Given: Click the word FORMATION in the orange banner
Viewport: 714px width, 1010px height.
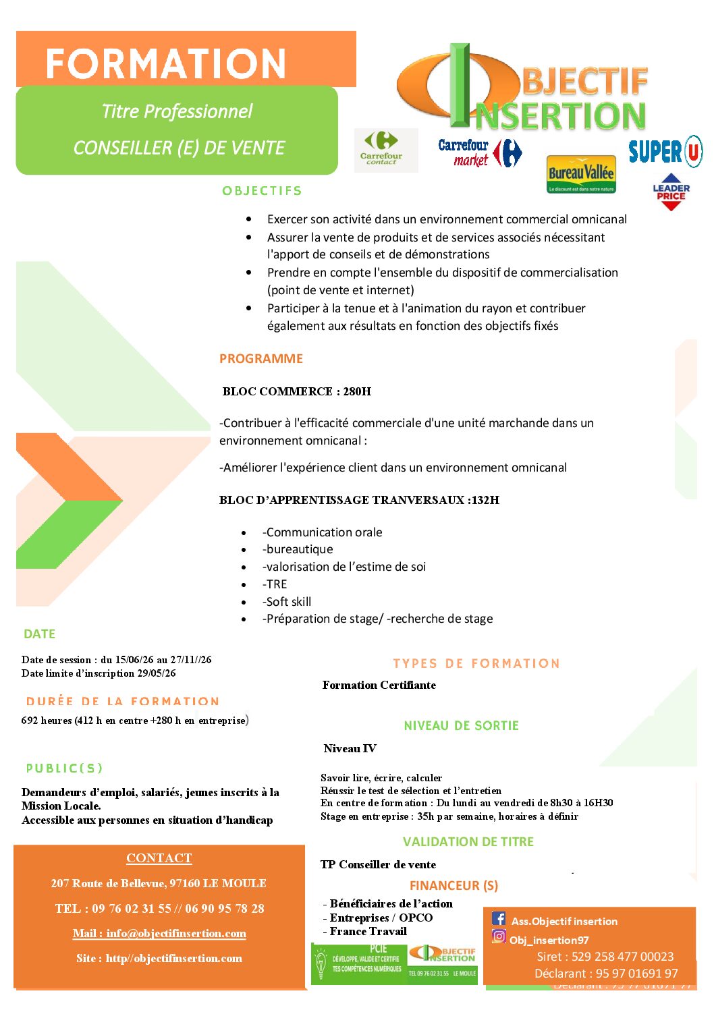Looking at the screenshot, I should [165, 63].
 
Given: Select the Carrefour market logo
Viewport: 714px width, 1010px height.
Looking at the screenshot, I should [480, 153].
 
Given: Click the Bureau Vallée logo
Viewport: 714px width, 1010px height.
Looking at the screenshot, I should [581, 175].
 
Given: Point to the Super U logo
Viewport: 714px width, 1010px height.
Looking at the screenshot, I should [665, 151].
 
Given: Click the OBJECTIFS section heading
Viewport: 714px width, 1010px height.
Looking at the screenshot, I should [262, 191].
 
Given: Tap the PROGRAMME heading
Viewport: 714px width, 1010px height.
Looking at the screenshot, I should [261, 359].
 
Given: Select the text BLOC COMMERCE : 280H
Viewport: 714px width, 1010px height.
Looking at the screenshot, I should [296, 391].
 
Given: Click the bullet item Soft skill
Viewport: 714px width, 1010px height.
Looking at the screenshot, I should [287, 602].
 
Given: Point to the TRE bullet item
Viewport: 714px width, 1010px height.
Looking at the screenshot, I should [275, 584].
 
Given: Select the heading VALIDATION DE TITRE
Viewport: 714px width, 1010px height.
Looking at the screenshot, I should [468, 842].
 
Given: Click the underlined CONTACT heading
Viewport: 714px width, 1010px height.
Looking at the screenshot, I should [159, 858].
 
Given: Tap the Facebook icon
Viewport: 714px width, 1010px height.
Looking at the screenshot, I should [499, 918].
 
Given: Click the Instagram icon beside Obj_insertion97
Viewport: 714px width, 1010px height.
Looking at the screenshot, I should [499, 936].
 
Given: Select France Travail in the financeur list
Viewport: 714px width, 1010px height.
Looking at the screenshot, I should [368, 932].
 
